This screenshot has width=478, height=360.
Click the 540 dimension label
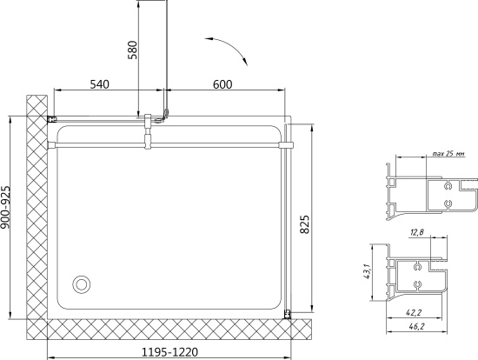point(99,84)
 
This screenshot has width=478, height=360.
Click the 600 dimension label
point(222,84)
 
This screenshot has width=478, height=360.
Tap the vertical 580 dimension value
point(133,50)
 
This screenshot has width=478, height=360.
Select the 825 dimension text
point(304,224)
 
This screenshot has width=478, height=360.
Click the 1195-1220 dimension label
point(169,352)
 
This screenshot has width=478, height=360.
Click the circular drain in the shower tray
point(81,284)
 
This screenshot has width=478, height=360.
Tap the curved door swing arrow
point(229,46)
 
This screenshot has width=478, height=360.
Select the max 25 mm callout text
point(449,154)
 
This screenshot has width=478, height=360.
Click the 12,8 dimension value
point(417,232)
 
